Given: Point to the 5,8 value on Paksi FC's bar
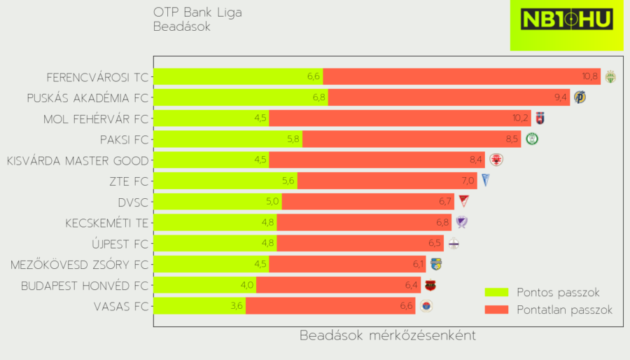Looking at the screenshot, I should (x=293, y=139).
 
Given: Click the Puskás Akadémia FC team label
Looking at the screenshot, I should (x=87, y=98).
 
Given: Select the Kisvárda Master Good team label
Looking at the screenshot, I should (x=78, y=161).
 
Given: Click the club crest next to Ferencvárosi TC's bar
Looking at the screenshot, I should (x=610, y=77).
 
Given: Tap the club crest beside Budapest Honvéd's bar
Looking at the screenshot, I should (x=430, y=285).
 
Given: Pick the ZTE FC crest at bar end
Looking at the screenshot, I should (x=485, y=181).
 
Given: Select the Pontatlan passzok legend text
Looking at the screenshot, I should (x=564, y=310).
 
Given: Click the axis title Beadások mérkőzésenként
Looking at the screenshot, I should (x=388, y=335).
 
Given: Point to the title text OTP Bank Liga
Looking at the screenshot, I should (x=198, y=13).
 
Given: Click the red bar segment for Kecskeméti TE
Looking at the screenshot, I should (x=364, y=223).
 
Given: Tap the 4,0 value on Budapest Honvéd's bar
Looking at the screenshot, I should (x=246, y=285).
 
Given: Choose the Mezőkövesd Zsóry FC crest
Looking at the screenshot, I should (x=436, y=264).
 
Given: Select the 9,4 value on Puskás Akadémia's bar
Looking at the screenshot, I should (x=560, y=98).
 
